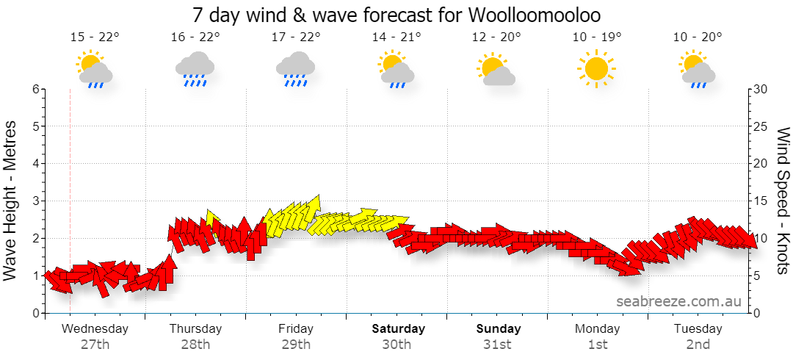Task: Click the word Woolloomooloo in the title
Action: pyautogui.click(x=535, y=15)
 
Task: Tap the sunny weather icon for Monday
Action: pyautogui.click(x=596, y=68)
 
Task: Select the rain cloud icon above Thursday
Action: pyautogui.click(x=195, y=68)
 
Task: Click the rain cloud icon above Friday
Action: pyautogui.click(x=295, y=68)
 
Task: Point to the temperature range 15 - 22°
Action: pyautogui.click(x=95, y=37)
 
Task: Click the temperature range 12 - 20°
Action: pyautogui.click(x=496, y=37)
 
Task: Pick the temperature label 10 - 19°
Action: pyautogui.click(x=597, y=37)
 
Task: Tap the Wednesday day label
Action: pyautogui.click(x=95, y=328)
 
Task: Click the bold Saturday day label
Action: pyautogui.click(x=399, y=328)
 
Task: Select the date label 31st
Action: pyautogui.click(x=498, y=345)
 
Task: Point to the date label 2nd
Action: pyautogui.click(x=698, y=345)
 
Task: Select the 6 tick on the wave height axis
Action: pyautogui.click(x=36, y=90)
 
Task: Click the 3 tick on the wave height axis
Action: pyautogui.click(x=36, y=201)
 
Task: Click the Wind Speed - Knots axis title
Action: pyautogui.click(x=781, y=201)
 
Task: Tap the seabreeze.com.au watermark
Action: pyautogui.click(x=679, y=302)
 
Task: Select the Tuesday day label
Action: pyautogui.click(x=698, y=328)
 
